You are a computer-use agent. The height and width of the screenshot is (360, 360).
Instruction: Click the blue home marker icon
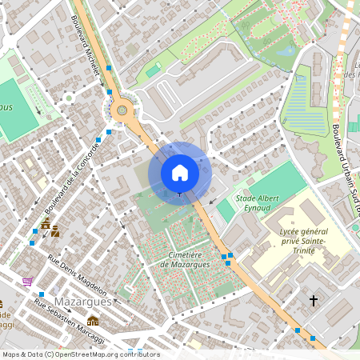click(x=180, y=172)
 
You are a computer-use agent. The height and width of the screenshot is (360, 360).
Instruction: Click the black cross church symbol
click(x=314, y=301)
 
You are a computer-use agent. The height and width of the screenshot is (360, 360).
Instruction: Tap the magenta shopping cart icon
click(x=27, y=281)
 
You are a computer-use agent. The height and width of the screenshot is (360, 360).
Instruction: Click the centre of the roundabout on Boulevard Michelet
click(x=122, y=110)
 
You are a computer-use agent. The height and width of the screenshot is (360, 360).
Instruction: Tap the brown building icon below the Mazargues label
click(x=93, y=321)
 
